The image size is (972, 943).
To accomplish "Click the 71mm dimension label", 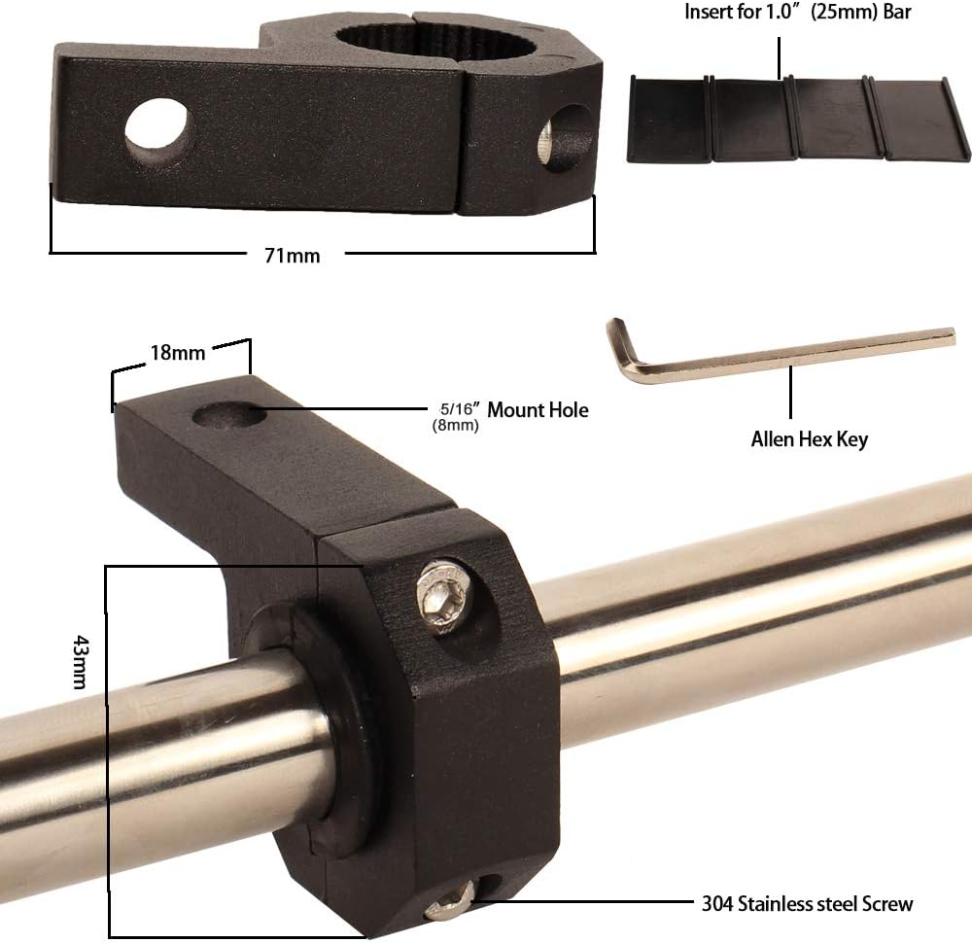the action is [292, 256].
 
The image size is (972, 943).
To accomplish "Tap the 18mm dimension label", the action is [178, 352].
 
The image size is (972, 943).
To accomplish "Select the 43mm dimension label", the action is [81, 661].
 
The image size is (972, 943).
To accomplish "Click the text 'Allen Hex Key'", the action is [809, 439].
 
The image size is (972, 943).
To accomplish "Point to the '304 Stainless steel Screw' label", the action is [807, 903].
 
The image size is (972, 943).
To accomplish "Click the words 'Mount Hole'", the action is [538, 410].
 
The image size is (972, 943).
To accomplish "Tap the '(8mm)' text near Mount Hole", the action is [456, 425].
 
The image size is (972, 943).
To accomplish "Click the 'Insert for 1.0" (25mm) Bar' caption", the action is [798, 12].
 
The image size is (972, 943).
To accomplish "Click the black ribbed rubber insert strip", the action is [798, 118].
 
